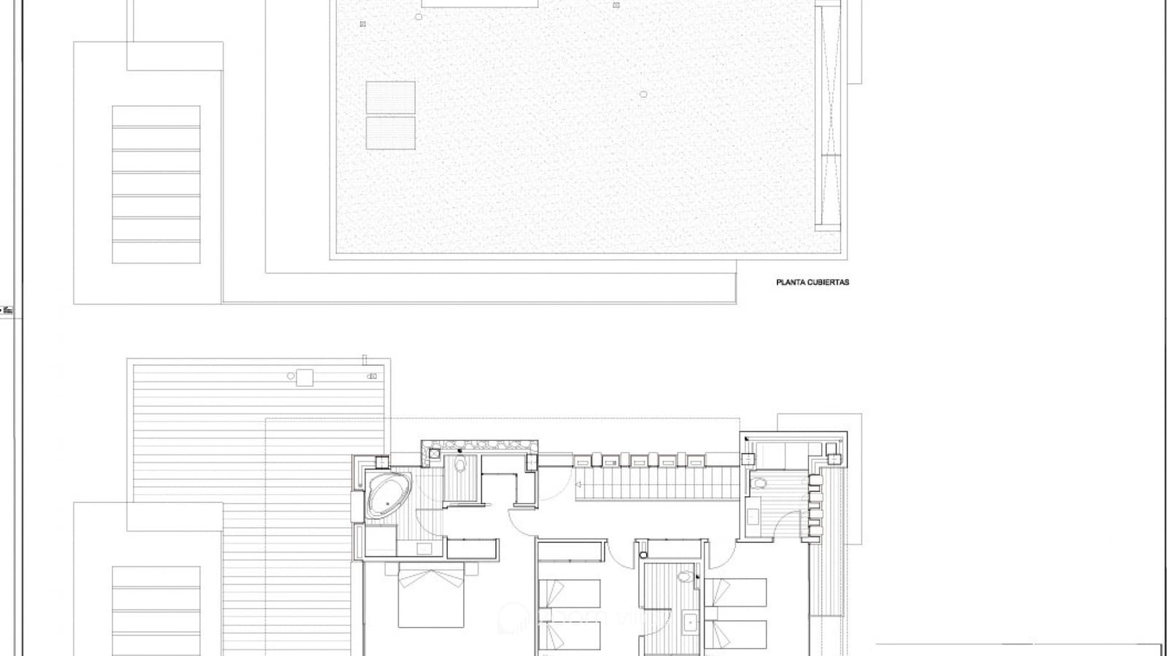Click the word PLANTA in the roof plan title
tap(788, 282)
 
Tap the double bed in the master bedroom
tap(431, 597)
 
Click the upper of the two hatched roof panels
tap(390, 97)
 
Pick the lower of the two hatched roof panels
tap(390, 133)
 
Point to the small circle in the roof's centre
tap(643, 94)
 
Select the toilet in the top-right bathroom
tap(759, 483)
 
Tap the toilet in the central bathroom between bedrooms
tap(683, 577)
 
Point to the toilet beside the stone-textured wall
tap(460, 466)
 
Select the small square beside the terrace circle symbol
tap(305, 377)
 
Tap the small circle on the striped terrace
tap(291, 376)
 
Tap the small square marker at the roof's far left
tap(362, 24)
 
